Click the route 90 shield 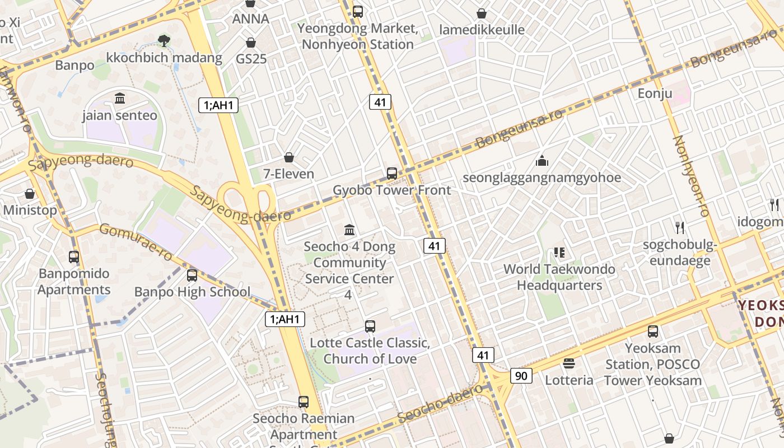(x=521, y=376)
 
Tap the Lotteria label (x=569, y=380)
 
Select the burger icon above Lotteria (x=569, y=363)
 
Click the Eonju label (x=655, y=94)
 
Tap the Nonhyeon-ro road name (x=691, y=176)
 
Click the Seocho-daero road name (x=440, y=403)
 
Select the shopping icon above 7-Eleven (x=289, y=157)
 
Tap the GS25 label (x=251, y=59)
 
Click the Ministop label (x=30, y=211)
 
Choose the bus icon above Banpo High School (x=192, y=276)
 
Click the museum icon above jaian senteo (x=120, y=99)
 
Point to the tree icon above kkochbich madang (x=164, y=40)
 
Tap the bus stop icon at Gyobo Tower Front (x=392, y=174)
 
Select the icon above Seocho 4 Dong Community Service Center (x=350, y=230)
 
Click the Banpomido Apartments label (x=74, y=282)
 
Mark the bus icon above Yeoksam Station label (x=653, y=332)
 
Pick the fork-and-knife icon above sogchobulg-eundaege (x=680, y=227)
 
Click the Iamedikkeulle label (x=482, y=30)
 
